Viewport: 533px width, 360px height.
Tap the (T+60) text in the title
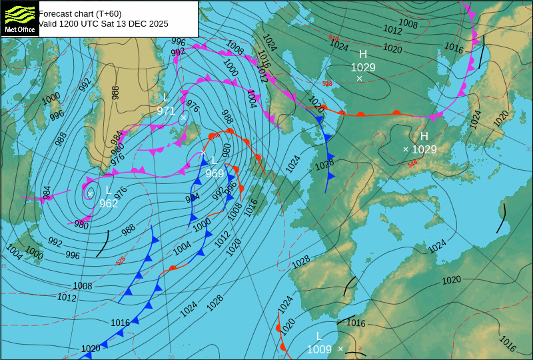pyautogui.click(x=107, y=13)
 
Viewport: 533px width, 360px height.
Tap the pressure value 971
pyautogui.click(x=166, y=111)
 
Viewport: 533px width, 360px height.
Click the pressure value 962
pyautogui.click(x=109, y=203)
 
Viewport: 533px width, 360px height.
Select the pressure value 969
pyautogui.click(x=215, y=173)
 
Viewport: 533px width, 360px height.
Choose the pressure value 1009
pyautogui.click(x=319, y=349)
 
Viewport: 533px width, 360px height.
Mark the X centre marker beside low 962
pyautogui.click(x=90, y=193)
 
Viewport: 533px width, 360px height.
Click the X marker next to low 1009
pyautogui.click(x=340, y=349)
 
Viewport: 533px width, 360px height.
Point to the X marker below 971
pyautogui.click(x=184, y=118)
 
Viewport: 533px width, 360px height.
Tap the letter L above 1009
pyautogui.click(x=318, y=336)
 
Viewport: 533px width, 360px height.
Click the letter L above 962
pyautogui.click(x=109, y=191)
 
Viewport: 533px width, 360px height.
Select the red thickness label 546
pyautogui.click(x=412, y=163)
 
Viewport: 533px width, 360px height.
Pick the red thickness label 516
pyautogui.click(x=334, y=38)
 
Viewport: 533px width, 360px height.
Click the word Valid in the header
pyautogui.click(x=49, y=23)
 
